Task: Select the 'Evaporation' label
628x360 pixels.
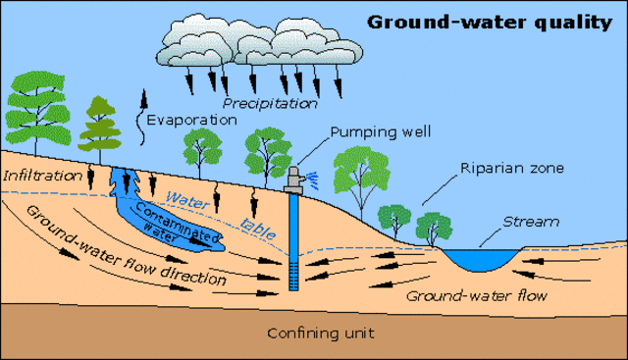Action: (192, 120)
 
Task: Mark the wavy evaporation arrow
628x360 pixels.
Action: (139, 111)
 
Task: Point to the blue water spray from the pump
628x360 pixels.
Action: (313, 178)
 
